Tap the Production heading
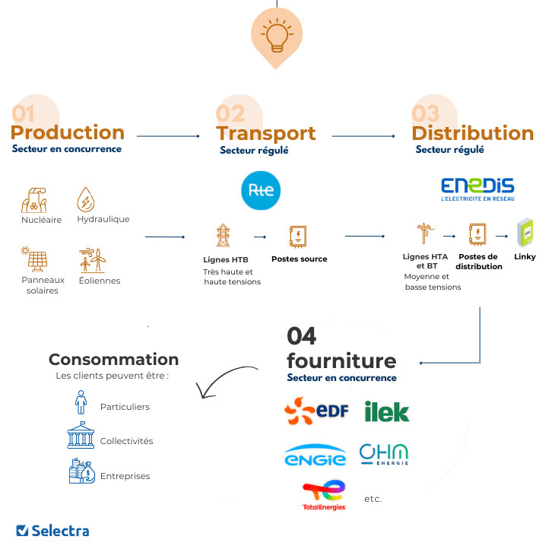point(68,132)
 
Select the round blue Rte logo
point(261,191)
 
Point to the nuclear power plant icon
point(35,201)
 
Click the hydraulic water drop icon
point(86,201)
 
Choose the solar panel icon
point(36,259)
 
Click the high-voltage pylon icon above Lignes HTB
point(224,235)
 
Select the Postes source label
point(299,259)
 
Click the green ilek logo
point(386,412)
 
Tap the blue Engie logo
point(315,456)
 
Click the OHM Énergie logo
point(384,454)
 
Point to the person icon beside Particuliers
point(80,403)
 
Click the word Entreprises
point(125,476)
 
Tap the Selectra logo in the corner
point(52,530)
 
